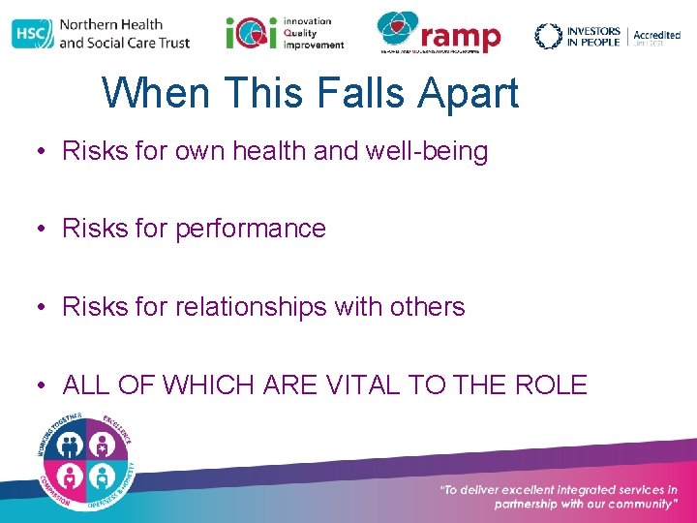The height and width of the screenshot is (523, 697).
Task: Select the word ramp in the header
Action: point(460,36)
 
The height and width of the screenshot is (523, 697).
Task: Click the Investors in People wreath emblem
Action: point(548,36)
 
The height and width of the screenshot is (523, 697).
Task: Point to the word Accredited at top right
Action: point(656,35)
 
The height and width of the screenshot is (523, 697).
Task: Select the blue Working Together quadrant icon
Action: point(71,444)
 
